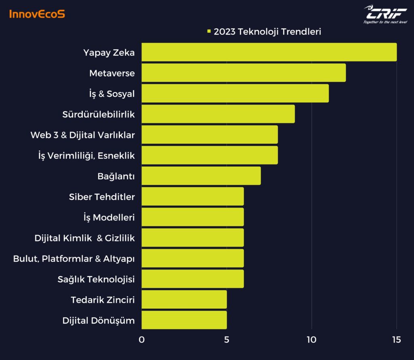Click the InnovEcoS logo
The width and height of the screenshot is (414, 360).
[x=37, y=14]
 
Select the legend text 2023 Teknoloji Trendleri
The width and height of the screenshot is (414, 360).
[x=267, y=32]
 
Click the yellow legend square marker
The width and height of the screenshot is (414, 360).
[x=209, y=32]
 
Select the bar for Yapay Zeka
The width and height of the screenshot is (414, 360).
[x=269, y=52]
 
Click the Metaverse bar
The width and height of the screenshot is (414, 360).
[x=243, y=73]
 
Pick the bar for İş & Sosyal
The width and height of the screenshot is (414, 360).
[x=235, y=93]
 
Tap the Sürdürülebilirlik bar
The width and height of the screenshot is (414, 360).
[x=218, y=114]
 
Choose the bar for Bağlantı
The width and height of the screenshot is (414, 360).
[x=201, y=176]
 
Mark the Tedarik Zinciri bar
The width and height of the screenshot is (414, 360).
[x=184, y=299]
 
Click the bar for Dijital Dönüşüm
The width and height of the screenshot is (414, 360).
[x=184, y=320]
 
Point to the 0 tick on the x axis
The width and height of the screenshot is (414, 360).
[x=142, y=340]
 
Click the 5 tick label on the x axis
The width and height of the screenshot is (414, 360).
[x=226, y=340]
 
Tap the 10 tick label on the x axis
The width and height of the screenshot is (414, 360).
[x=311, y=340]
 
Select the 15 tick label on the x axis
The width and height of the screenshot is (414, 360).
[x=396, y=340]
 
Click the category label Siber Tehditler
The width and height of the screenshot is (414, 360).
[x=102, y=197]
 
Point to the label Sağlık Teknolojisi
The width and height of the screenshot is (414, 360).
[x=96, y=279]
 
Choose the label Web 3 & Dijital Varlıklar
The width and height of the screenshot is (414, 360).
[x=82, y=135]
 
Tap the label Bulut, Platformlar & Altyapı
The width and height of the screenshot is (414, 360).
[x=74, y=259]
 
